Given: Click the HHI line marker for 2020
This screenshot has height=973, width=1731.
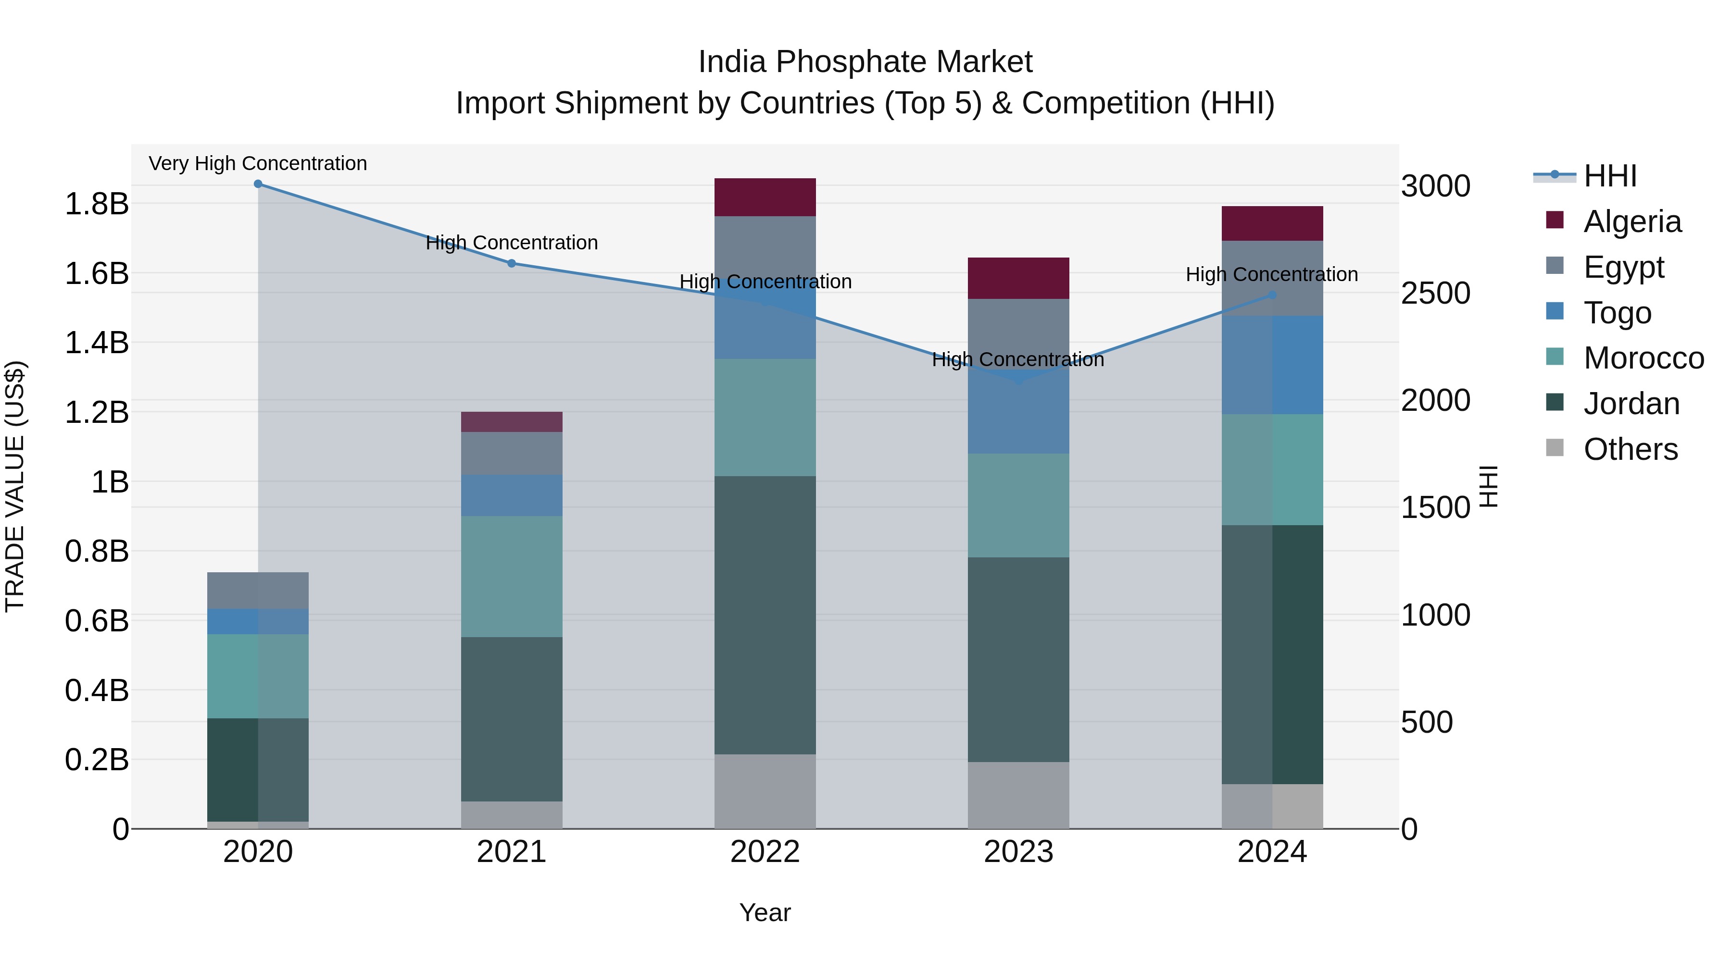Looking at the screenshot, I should click(258, 184).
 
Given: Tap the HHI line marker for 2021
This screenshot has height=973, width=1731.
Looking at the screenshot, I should click(512, 264).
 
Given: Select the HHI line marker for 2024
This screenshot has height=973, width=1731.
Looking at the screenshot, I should click(1272, 295).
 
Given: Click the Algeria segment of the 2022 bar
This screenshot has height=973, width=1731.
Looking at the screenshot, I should click(765, 197).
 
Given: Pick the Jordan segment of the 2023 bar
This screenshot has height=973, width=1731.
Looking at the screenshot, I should click(1018, 659).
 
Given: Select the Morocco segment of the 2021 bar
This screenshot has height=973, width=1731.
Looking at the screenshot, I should click(512, 576).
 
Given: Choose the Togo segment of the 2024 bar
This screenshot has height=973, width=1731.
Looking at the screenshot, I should click(1272, 365).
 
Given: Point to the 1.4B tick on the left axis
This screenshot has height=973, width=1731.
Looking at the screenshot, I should click(97, 343).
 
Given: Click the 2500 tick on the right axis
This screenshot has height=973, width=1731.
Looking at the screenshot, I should click(1435, 294).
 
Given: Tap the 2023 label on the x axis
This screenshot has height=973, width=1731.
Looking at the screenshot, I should click(1018, 852).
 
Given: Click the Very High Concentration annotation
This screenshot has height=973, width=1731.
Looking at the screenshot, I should click(258, 164).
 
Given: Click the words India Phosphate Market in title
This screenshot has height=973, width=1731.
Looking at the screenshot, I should click(865, 62).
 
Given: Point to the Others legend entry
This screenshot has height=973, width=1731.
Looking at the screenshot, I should click(1630, 449).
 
